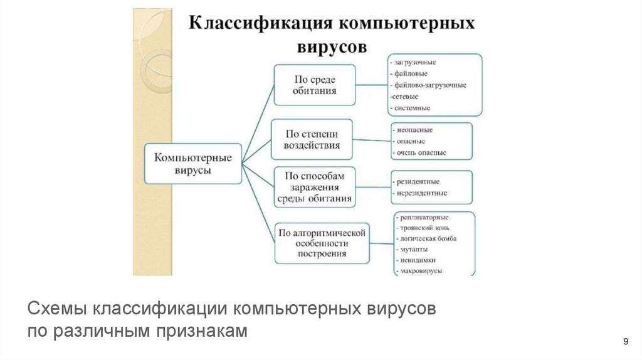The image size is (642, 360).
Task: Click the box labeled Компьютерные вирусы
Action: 193,163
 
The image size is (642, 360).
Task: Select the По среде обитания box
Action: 315,85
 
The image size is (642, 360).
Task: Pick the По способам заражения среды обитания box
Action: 314,187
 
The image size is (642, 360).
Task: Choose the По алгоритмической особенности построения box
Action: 322,243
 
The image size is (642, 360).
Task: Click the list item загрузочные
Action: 414,63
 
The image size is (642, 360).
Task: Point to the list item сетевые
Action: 406,97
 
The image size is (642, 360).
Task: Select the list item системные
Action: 412,108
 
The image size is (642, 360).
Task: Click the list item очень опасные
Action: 421,152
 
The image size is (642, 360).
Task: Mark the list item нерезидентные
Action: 421,193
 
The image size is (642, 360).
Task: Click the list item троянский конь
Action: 424,228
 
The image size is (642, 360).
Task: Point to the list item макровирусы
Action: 420,270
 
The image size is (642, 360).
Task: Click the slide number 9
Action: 625,341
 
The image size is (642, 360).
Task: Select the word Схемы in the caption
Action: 58,310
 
